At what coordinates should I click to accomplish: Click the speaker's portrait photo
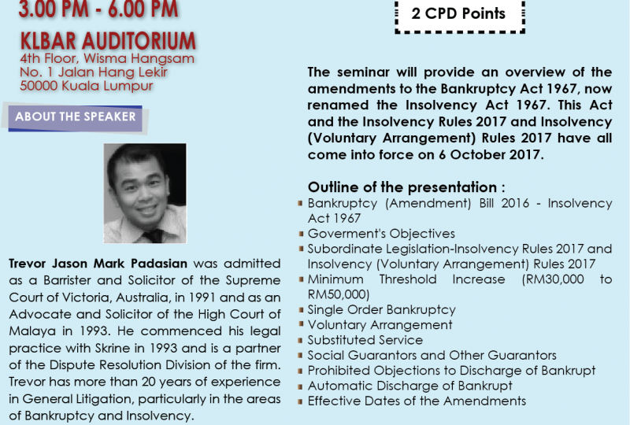pos(145,194)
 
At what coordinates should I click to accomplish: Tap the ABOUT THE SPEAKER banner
pos(76,117)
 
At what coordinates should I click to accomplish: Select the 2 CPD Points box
pos(460,15)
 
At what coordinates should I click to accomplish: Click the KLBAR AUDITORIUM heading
pos(108,41)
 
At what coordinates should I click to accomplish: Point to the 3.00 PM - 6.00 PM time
pos(98,9)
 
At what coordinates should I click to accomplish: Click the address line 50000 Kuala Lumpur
pos(87,86)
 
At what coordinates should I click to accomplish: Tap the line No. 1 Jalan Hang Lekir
pos(94,72)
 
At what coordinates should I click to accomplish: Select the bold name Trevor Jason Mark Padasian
pos(98,264)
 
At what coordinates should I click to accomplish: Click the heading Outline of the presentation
pos(406,187)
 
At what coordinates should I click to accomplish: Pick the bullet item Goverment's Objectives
pos(381,234)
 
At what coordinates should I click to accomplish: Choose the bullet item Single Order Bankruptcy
pos(382,310)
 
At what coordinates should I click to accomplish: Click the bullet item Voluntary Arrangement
pos(380,324)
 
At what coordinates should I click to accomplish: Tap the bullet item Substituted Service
pos(365,340)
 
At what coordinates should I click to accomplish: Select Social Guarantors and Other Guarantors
pos(432,355)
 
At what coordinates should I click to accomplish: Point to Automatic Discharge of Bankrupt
pos(409,386)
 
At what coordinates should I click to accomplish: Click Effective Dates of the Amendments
pos(417,401)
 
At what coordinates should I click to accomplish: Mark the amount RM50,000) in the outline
pos(339,294)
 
